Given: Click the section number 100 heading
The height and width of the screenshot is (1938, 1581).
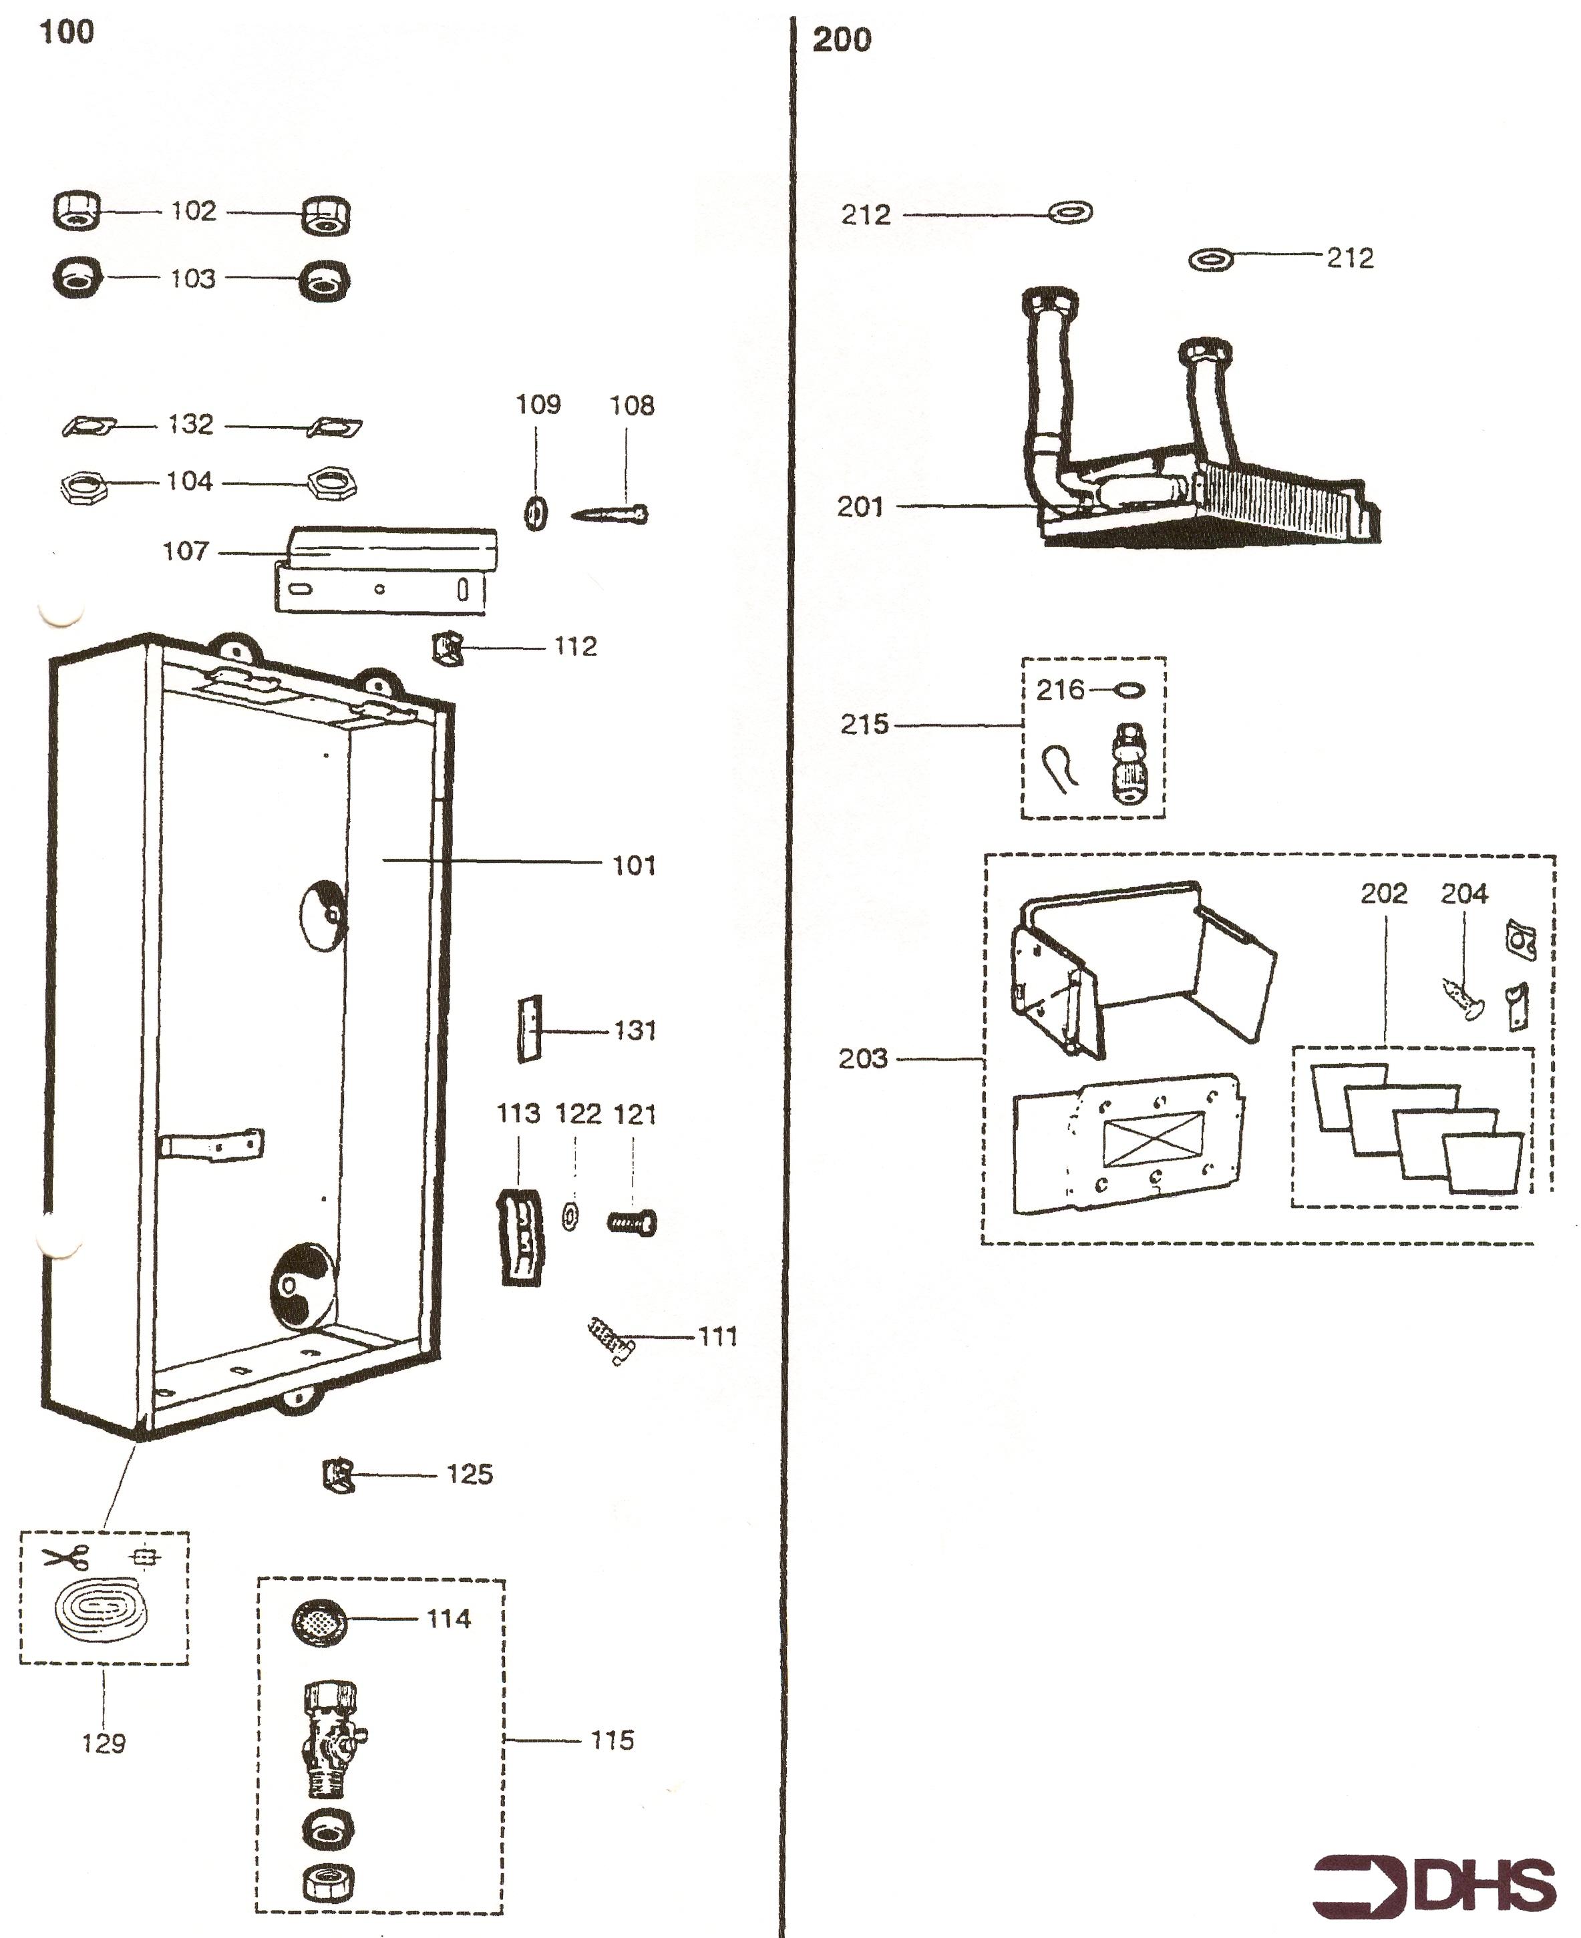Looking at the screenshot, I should (x=67, y=32).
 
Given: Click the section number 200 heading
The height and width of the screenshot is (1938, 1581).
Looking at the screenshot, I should (x=842, y=40).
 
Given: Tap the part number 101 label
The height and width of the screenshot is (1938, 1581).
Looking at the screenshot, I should (x=634, y=865).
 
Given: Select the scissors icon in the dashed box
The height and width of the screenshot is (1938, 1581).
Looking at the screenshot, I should (x=67, y=1557).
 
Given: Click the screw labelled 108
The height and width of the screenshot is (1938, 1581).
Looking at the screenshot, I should (x=610, y=516).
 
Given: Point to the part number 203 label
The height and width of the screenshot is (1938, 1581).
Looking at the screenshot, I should (x=862, y=1058).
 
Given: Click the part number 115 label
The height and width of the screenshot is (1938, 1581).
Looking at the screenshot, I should (x=612, y=1740).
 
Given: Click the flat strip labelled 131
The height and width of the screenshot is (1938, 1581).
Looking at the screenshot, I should (x=529, y=1029).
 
